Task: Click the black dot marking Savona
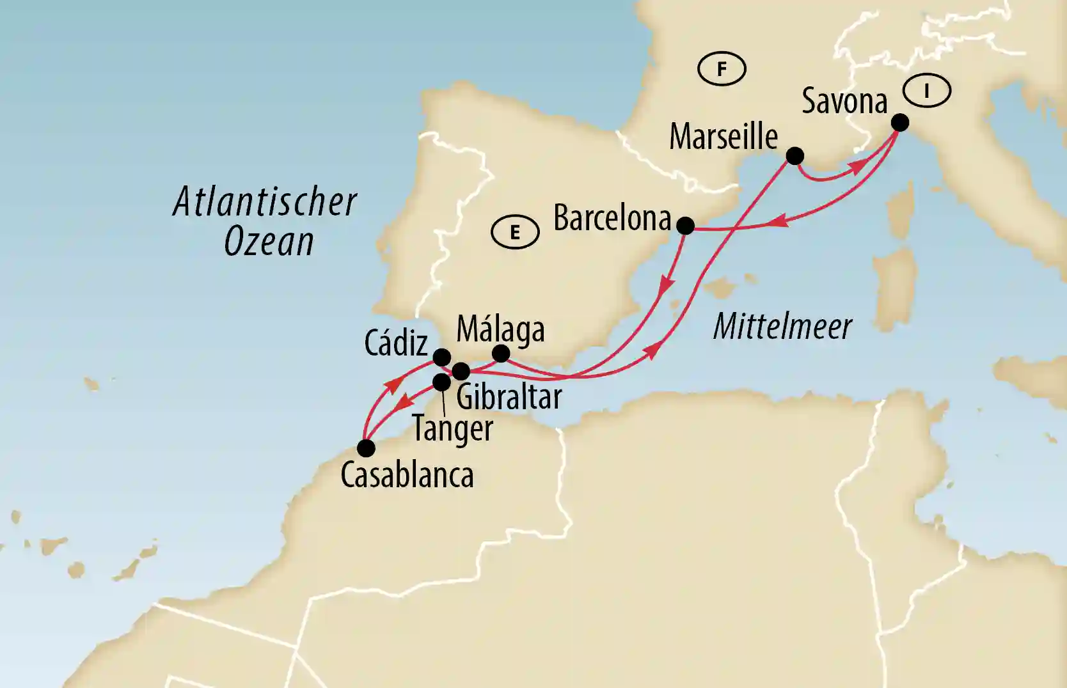click(899, 122)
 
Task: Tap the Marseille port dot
click(794, 155)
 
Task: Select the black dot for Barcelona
click(685, 225)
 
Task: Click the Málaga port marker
click(501, 353)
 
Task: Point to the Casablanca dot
click(366, 448)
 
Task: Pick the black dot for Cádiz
click(441, 357)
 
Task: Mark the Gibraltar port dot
click(461, 371)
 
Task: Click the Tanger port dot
click(441, 382)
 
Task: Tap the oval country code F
click(722, 68)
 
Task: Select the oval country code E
click(515, 232)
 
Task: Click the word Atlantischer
click(265, 202)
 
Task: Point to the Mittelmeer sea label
click(782, 326)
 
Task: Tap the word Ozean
click(269, 242)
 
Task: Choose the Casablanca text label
click(407, 475)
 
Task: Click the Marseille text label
click(723, 137)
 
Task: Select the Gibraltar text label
click(509, 397)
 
